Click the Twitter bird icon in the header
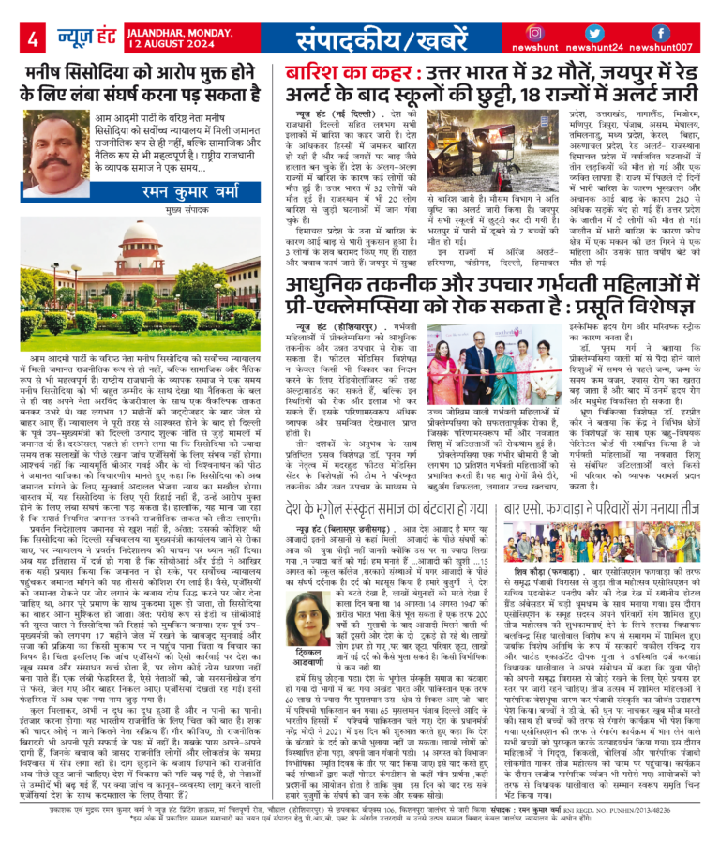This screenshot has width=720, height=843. (x=597, y=33)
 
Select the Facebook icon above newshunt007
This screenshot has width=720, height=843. (x=660, y=33)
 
